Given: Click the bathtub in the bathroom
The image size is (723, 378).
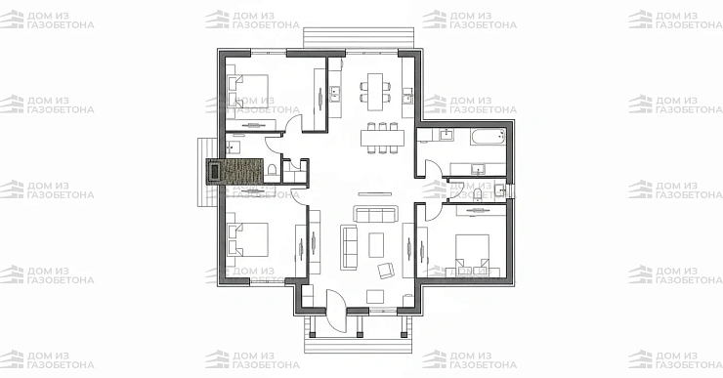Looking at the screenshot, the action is click(488, 137).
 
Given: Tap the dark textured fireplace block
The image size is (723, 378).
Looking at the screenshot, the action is click(234, 172).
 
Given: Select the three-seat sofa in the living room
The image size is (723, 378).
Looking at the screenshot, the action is click(374, 214).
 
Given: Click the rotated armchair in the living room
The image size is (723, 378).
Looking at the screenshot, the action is click(386, 271).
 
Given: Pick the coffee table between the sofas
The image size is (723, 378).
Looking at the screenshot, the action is click(376, 245).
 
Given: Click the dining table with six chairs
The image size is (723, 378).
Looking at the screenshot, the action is click(382, 138).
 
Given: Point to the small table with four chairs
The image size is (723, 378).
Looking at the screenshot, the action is click(375, 91).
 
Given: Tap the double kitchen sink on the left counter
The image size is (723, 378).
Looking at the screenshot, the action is click(335, 94).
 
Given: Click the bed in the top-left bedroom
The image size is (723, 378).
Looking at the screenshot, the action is click(248, 91).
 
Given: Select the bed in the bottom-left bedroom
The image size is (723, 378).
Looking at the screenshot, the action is click(248, 239).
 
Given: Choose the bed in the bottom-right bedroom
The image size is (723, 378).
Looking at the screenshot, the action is click(472, 252).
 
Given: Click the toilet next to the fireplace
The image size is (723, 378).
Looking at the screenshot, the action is click(272, 170).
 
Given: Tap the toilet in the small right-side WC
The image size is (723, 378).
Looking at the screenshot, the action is click(478, 195).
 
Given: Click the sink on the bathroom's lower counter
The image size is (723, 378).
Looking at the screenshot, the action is click(479, 168).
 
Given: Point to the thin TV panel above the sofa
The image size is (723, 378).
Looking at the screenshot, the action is click(374, 193).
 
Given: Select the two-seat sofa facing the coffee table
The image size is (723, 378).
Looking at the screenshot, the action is click(349, 247).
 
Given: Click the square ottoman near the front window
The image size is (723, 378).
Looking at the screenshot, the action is click(375, 296).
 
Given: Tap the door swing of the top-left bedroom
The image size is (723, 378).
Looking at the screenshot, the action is click(294, 122).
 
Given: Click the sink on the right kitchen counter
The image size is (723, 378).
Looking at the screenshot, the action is click(407, 98).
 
